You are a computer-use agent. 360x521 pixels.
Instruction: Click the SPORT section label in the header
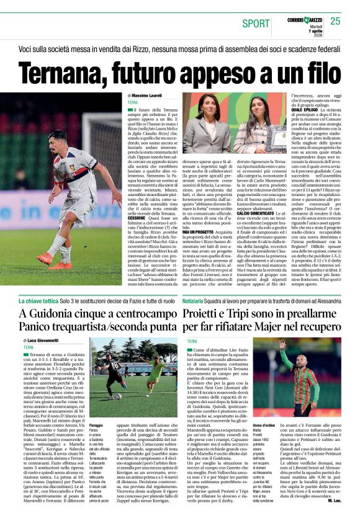(256, 24)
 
